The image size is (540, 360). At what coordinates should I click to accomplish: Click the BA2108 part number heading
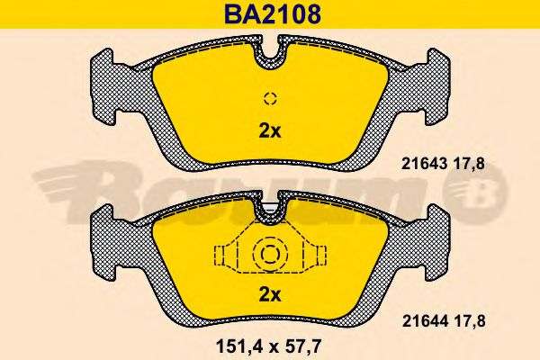point(273,14)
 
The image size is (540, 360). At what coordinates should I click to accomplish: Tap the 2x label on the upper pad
point(270,131)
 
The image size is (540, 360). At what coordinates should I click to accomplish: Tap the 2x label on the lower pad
point(270,294)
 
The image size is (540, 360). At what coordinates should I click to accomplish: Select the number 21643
point(424,164)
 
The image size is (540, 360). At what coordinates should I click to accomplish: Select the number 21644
point(426,321)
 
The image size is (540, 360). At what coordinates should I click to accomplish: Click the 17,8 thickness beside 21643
point(469,165)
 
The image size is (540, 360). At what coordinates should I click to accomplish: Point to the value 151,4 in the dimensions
point(238,346)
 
